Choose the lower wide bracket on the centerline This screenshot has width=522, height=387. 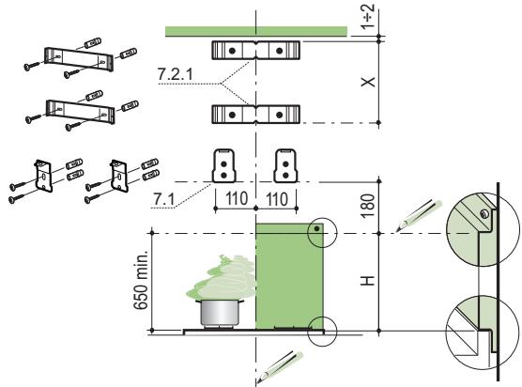click(x=255, y=114)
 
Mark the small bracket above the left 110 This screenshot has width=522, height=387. click(x=226, y=165)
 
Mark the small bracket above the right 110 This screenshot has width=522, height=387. click(x=285, y=165)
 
